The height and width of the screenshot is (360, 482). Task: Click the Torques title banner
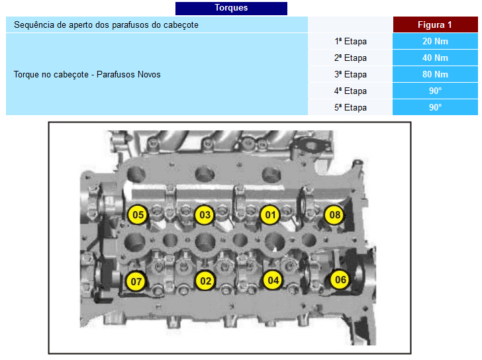coord(231,9)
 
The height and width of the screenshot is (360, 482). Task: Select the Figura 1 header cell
coord(435,24)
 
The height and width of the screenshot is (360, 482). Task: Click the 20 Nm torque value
coord(435,41)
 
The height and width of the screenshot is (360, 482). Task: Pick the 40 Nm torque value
coord(435,58)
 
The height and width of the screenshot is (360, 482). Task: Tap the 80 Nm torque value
coord(435,74)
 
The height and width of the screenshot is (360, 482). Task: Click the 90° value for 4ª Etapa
coord(435,91)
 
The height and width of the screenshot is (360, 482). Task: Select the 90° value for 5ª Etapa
coord(435,107)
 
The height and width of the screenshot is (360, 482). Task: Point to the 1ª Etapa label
coord(350,41)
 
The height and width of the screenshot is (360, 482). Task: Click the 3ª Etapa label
coord(350,74)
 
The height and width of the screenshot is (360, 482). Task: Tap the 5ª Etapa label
coord(350,107)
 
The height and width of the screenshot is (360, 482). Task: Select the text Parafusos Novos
coord(128,74)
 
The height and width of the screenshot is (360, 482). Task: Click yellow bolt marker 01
coord(270,214)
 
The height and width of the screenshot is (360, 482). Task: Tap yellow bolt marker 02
coord(205,281)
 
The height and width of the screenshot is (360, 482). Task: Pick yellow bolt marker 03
coord(205,214)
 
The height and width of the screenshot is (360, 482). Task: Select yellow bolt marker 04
coord(273,280)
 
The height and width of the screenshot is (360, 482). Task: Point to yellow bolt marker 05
coord(138,214)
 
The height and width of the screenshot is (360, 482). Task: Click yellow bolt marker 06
coord(340,279)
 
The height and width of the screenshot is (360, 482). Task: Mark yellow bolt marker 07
coord(136,281)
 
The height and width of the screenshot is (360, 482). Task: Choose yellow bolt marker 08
coord(334,214)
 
